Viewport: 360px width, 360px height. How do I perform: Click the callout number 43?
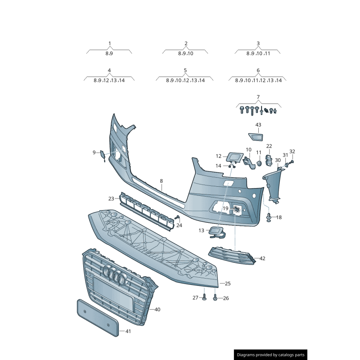click(x=258, y=125)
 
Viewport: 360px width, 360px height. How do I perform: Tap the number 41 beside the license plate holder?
click(x=128, y=331)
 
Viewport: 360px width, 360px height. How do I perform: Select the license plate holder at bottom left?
click(x=97, y=317)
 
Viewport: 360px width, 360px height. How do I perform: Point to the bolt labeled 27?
click(x=204, y=297)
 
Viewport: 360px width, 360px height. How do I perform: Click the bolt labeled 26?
click(x=215, y=297)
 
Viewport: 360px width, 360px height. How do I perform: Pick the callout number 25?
click(x=228, y=283)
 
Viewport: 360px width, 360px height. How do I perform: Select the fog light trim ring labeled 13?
click(x=216, y=232)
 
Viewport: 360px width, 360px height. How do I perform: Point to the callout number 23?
click(x=111, y=198)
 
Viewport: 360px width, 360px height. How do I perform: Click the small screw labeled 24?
click(x=177, y=218)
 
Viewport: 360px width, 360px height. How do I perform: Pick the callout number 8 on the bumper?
click(x=161, y=181)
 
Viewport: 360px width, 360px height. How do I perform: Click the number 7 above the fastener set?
click(x=258, y=97)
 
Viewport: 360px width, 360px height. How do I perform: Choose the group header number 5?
click(x=185, y=71)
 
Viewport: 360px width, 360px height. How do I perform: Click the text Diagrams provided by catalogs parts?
click(x=270, y=355)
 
